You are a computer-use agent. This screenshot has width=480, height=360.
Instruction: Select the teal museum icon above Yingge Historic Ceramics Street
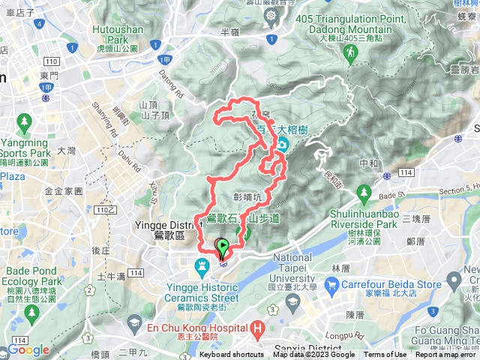(x=202, y=266)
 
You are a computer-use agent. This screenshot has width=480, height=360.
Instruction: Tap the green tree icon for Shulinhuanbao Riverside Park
(x=364, y=193)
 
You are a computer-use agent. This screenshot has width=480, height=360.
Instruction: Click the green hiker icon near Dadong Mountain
(x=349, y=52)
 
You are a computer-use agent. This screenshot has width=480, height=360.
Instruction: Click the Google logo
(x=28, y=350)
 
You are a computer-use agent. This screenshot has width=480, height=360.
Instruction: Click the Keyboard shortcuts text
(x=231, y=355)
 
